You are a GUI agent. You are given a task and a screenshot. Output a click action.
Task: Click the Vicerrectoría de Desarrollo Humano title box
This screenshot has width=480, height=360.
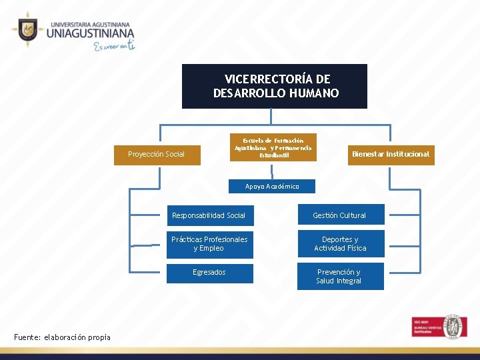coord(274,86)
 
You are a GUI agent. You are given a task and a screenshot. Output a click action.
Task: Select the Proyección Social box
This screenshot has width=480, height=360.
coord(157,155)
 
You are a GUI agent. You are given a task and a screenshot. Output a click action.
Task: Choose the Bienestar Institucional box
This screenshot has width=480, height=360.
coord(391,154)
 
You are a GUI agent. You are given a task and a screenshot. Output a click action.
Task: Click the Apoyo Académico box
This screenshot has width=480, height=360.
coord(272,187)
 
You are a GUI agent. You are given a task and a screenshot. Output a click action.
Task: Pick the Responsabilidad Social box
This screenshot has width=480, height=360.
coord(209,215)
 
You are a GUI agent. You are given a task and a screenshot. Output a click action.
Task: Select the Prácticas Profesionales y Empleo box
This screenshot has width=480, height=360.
coord(209,244)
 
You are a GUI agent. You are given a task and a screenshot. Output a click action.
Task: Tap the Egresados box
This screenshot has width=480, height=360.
coord(209,273)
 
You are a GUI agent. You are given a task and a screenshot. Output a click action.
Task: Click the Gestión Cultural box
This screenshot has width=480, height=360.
coord(340,215)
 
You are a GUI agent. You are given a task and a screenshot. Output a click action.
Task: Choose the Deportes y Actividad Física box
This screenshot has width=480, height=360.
coord(340,244)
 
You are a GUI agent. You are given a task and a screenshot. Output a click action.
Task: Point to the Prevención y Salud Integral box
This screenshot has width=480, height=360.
coord(340,277)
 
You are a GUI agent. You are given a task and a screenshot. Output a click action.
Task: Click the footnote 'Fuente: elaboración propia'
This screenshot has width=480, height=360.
coord(62,337)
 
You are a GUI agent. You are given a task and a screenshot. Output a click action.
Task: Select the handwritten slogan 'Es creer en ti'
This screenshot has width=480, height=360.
coord(115,46)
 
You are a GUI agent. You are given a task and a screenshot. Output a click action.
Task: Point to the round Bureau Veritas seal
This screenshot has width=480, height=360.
coord(455,327)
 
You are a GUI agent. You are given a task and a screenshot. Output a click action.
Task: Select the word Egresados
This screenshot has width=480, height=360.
coord(209,273)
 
